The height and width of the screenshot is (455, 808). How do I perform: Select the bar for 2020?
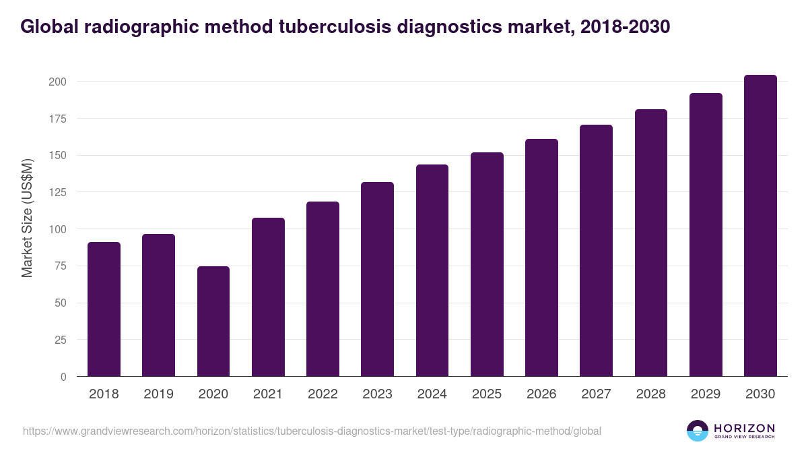(213, 322)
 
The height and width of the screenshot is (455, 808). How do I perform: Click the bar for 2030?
(760, 226)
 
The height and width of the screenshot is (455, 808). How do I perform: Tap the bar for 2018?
(104, 309)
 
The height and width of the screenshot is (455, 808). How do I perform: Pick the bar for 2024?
(432, 270)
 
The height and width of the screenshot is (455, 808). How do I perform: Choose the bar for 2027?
(596, 251)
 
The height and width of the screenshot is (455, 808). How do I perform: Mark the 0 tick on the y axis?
(63, 377)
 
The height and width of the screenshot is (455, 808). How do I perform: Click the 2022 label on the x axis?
(323, 394)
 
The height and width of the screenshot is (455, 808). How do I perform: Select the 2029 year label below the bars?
(706, 394)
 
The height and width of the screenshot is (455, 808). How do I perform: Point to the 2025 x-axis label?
(487, 394)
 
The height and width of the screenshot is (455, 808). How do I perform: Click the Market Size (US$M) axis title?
(27, 218)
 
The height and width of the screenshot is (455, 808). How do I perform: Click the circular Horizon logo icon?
(698, 431)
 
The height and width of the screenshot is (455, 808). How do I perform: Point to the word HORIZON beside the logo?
(744, 427)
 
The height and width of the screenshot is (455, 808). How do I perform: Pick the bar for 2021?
(268, 297)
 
